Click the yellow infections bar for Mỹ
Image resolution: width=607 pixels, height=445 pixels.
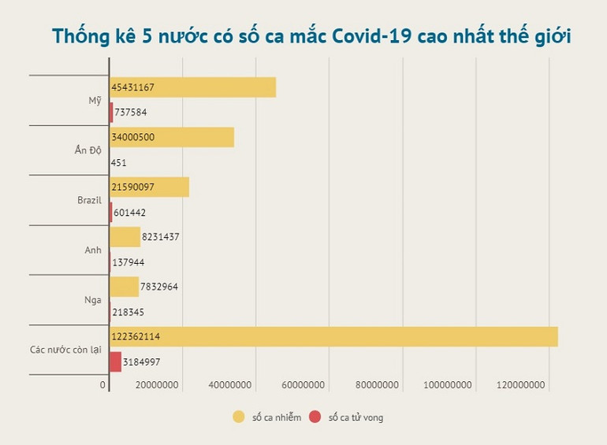[193, 87]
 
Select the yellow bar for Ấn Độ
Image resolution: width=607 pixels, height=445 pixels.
[172, 137]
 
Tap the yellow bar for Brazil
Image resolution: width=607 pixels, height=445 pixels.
[150, 187]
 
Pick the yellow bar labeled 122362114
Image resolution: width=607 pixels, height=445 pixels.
[333, 336]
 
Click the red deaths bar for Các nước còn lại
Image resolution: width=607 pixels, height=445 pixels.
[116, 362]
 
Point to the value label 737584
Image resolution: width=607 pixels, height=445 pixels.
[131, 113]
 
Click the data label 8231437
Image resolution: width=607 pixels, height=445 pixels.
[162, 237]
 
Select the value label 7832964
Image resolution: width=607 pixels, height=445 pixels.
[159, 287]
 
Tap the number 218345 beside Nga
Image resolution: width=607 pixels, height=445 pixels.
[129, 312]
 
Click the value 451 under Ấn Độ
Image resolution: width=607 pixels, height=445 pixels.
[119, 163]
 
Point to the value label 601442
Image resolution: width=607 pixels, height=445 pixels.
[130, 213]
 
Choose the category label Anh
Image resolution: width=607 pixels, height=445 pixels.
[93, 250]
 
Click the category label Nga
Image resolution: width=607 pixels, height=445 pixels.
[92, 299]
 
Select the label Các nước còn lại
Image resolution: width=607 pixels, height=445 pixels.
[67, 349]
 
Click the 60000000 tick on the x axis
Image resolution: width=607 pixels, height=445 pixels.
[303, 385]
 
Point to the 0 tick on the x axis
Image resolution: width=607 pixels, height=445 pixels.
[103, 385]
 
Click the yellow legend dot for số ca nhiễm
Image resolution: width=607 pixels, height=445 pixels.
[238, 417]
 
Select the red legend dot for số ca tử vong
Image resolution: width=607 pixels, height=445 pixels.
[315, 417]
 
